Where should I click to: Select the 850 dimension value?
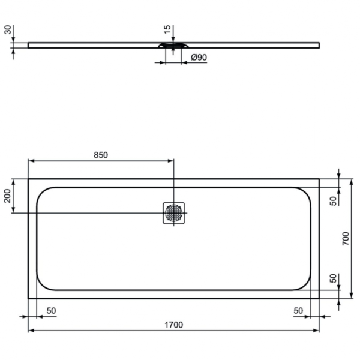point(100,155)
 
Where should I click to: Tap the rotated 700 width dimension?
point(345,239)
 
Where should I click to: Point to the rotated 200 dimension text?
point(8,196)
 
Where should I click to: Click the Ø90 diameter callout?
point(199,58)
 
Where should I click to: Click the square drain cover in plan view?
point(174,213)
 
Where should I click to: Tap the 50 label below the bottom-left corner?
point(51,310)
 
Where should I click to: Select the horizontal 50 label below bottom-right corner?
point(298,310)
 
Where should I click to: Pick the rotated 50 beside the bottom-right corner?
point(334,279)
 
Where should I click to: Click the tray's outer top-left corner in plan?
point(28,179)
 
